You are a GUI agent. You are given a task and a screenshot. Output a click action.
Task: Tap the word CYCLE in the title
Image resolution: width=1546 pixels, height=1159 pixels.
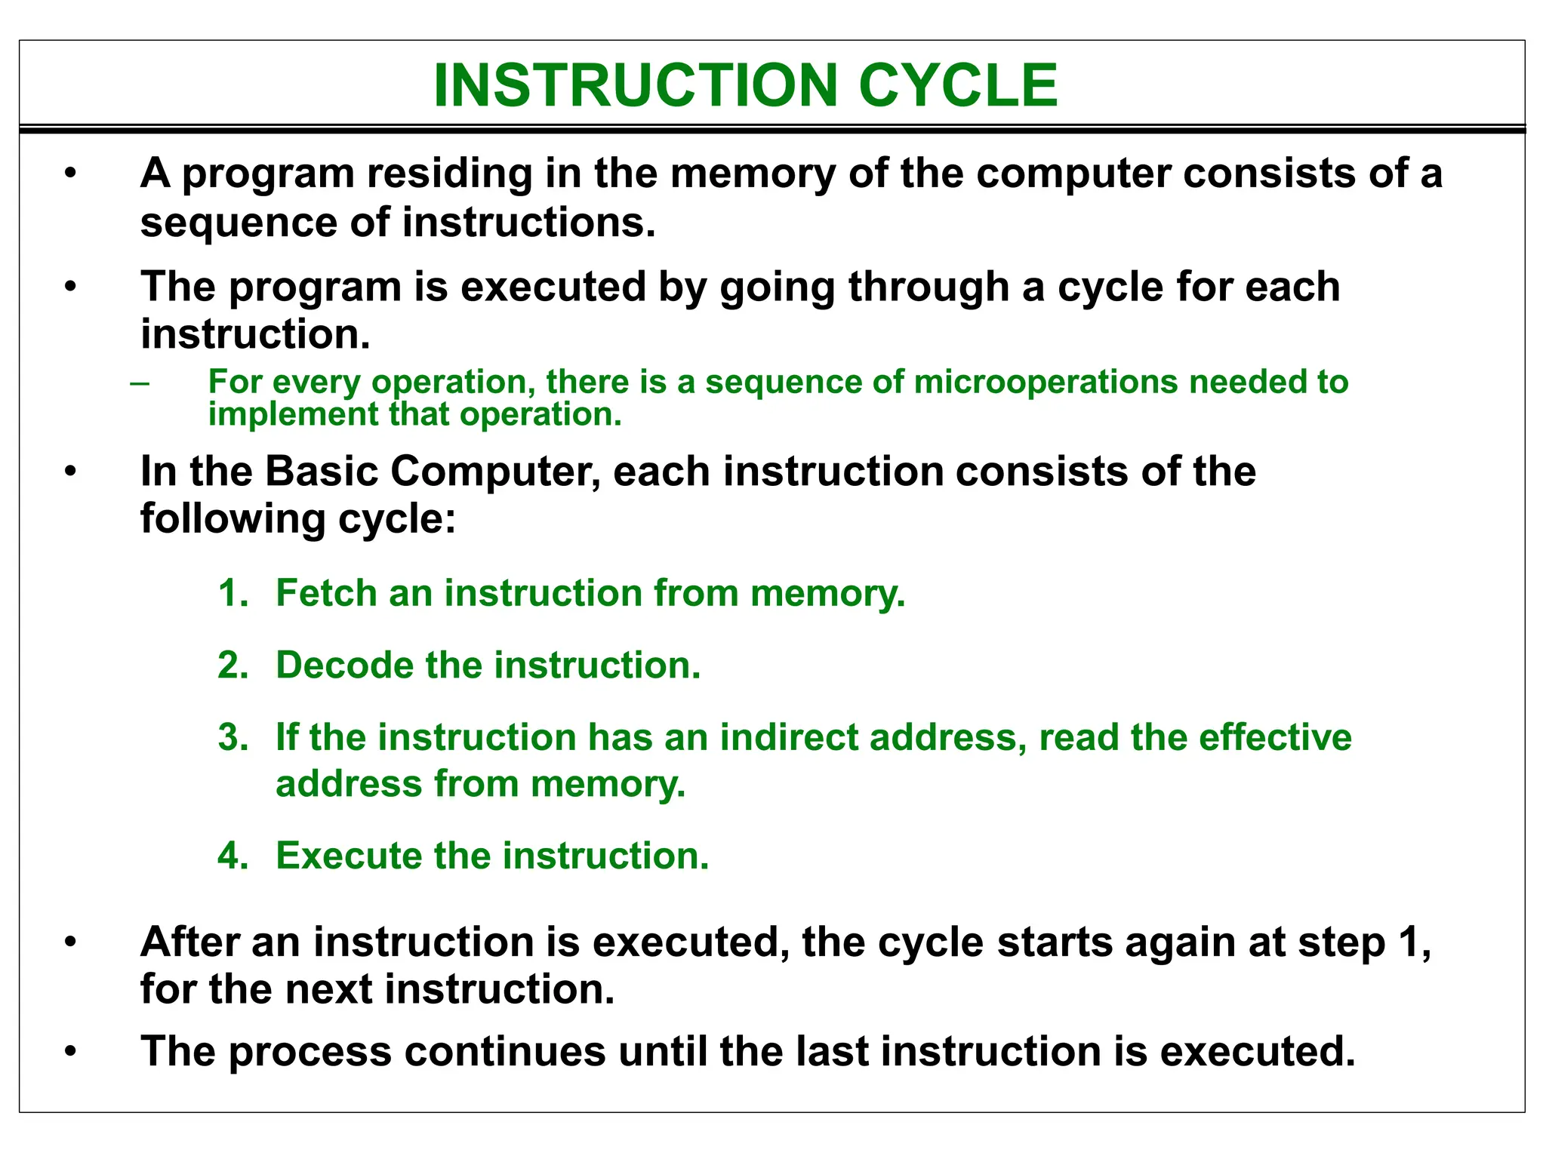(958, 85)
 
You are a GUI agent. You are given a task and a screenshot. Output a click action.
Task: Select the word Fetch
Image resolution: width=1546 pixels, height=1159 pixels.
(326, 593)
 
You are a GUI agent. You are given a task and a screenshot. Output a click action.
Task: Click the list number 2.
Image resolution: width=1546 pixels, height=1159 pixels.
(233, 666)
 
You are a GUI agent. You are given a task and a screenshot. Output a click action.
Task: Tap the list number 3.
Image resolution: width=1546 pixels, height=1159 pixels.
(233, 737)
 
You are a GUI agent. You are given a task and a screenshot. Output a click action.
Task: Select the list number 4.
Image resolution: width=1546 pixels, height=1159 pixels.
(233, 856)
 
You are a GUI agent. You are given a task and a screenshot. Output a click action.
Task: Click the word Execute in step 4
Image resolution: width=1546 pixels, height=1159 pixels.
(349, 856)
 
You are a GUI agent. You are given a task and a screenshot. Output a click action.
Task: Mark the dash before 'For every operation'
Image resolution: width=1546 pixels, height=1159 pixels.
(139, 383)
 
